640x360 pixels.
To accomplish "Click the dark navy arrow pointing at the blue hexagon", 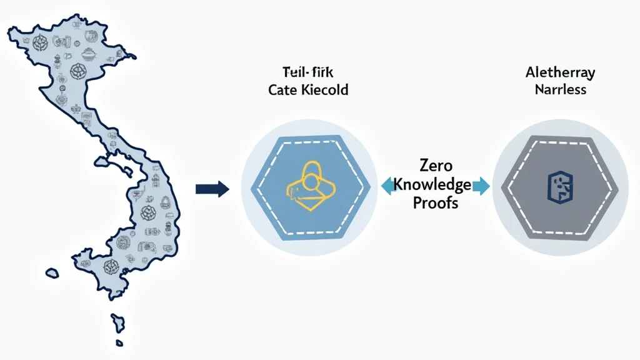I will click(x=212, y=189).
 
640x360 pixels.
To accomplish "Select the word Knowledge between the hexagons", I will click(x=432, y=184).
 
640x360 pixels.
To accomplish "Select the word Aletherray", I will click(x=561, y=72).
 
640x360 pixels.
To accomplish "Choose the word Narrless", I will click(x=561, y=89).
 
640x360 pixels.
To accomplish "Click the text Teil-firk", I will click(x=307, y=72).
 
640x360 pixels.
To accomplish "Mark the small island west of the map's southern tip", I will click(x=53, y=273).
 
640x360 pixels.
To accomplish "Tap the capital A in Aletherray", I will click(x=530, y=72).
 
